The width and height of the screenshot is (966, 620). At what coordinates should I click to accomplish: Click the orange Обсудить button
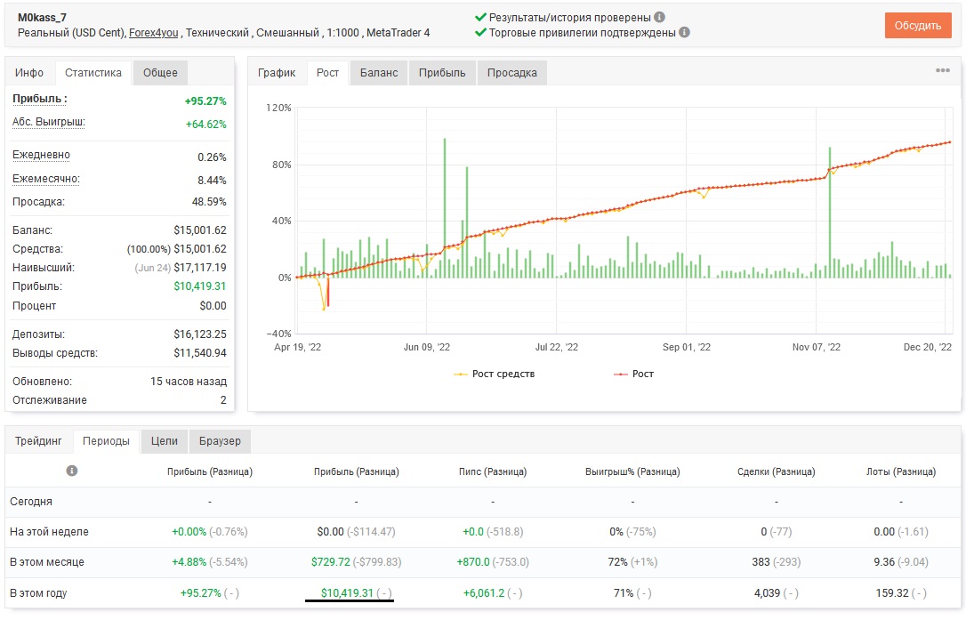(918, 25)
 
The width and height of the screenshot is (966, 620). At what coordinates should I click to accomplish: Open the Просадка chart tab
(512, 73)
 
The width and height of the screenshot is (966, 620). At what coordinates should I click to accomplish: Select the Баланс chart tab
(379, 73)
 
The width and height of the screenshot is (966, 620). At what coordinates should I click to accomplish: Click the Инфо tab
(29, 73)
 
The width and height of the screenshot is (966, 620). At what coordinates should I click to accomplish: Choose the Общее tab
(160, 73)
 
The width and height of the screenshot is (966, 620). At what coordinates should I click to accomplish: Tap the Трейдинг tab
(38, 440)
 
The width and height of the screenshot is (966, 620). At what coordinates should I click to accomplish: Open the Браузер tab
(220, 440)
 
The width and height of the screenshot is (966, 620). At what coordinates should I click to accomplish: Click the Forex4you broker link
(153, 33)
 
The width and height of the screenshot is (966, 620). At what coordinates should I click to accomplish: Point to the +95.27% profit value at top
(205, 101)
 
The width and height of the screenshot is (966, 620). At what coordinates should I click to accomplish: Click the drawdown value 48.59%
(209, 202)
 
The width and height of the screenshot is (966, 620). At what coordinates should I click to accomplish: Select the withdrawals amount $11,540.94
(200, 353)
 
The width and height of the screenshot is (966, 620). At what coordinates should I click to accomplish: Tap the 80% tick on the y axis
(282, 165)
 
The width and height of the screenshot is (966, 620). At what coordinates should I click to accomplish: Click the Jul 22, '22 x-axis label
(556, 347)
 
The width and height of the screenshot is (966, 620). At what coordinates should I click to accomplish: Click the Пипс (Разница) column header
(493, 471)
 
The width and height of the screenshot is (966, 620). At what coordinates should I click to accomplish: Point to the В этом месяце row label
(47, 562)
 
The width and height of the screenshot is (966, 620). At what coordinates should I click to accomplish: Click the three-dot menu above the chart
(943, 70)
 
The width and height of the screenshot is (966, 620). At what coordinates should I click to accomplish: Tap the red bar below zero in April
(327, 292)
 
